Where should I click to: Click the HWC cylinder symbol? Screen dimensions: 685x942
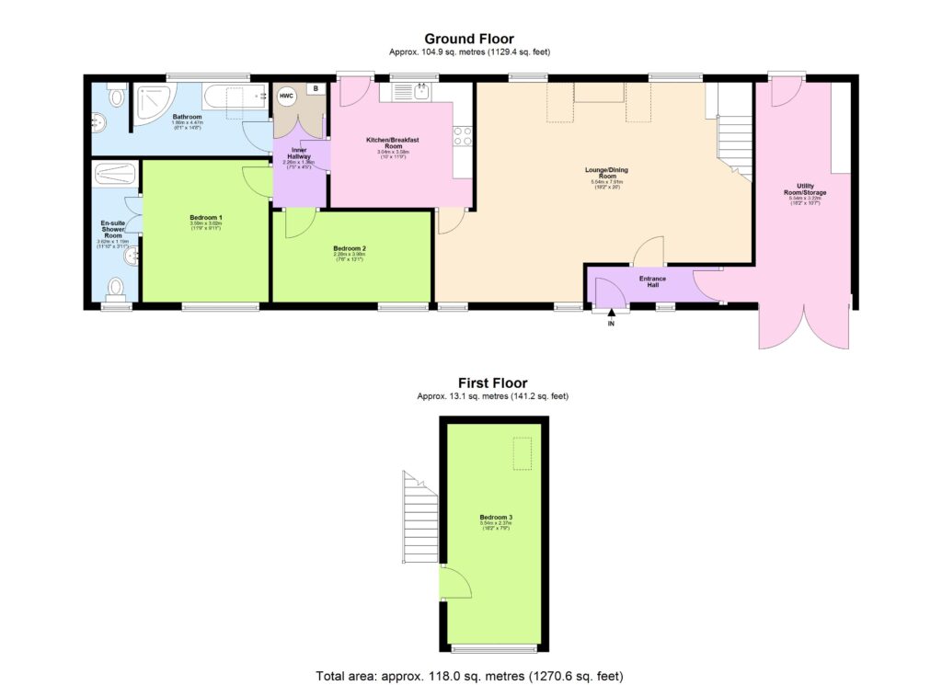pyautogui.click(x=286, y=96)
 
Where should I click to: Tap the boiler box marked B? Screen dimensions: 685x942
pyautogui.click(x=316, y=88)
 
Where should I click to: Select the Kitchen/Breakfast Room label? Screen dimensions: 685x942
pyautogui.click(x=393, y=143)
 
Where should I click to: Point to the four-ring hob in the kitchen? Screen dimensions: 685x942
pyautogui.click(x=463, y=136)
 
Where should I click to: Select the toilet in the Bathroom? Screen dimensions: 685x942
pyautogui.click(x=114, y=95)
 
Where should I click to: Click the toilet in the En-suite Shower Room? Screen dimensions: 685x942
pyautogui.click(x=116, y=289)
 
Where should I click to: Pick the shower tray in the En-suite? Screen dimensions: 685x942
pyautogui.click(x=115, y=175)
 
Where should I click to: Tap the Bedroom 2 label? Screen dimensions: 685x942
pyautogui.click(x=350, y=249)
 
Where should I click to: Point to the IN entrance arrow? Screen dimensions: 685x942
pyautogui.click(x=611, y=314)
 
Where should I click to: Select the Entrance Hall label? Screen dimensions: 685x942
pyautogui.click(x=652, y=281)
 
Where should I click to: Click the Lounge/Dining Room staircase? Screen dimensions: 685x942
pyautogui.click(x=734, y=138)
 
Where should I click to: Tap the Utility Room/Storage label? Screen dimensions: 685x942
pyautogui.click(x=806, y=189)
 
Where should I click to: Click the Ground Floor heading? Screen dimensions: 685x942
pyautogui.click(x=470, y=39)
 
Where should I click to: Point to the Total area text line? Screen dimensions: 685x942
pyautogui.click(x=470, y=675)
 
